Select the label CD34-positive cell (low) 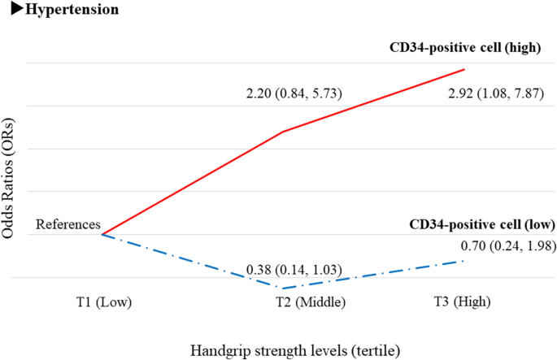481,224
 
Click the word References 67,225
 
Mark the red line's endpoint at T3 464,70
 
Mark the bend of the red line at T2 282,131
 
